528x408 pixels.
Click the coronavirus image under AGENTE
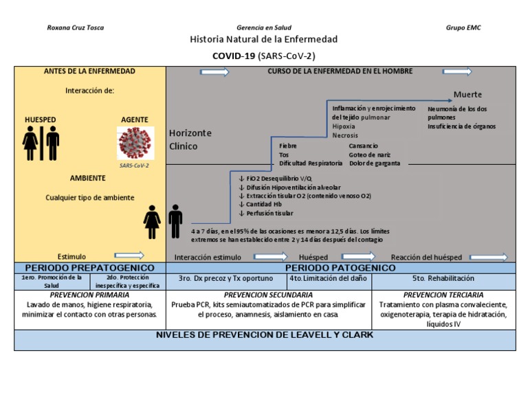[x=135, y=143]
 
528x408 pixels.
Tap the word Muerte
[x=467, y=94]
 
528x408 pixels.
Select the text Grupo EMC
[x=464, y=27]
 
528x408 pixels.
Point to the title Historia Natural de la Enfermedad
[x=264, y=40]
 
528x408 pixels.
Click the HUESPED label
[x=41, y=120]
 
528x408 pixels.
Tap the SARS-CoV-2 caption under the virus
[x=134, y=166]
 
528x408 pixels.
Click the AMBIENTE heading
[x=87, y=178]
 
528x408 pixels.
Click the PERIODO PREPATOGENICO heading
[x=89, y=267]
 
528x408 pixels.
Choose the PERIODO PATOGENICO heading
[x=340, y=267]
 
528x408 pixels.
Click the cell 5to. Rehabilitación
[x=443, y=279]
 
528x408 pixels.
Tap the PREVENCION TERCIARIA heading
[x=443, y=294]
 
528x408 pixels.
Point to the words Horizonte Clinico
[x=190, y=139]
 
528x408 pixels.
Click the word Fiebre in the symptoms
[x=288, y=146]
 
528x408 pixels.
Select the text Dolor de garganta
[x=375, y=163]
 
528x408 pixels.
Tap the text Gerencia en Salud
[x=264, y=27]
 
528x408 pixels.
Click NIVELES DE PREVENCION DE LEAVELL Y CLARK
[x=264, y=335]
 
